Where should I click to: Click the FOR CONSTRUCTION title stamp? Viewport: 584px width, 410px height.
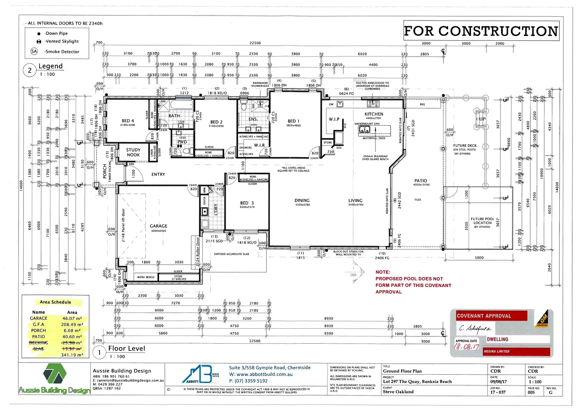(481, 31)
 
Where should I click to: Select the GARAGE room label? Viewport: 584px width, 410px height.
(158, 226)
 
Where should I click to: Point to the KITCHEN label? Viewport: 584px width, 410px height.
(374, 114)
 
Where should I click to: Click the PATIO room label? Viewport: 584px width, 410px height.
(421, 181)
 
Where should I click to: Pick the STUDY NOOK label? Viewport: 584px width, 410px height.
(133, 152)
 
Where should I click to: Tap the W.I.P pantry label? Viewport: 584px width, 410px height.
(334, 119)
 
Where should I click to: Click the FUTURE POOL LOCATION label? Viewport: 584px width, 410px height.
(483, 221)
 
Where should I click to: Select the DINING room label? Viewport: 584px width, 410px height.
(302, 200)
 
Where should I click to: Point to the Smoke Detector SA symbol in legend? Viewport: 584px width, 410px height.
(34, 51)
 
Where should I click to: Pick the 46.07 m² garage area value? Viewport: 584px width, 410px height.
(72, 319)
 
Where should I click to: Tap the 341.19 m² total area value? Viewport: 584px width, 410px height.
(72, 355)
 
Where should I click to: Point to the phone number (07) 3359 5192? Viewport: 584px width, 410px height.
(248, 381)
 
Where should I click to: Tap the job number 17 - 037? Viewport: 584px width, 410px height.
(498, 392)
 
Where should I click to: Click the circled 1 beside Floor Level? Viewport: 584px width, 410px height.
(100, 353)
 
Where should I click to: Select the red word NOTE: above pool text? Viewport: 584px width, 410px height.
(383, 272)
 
